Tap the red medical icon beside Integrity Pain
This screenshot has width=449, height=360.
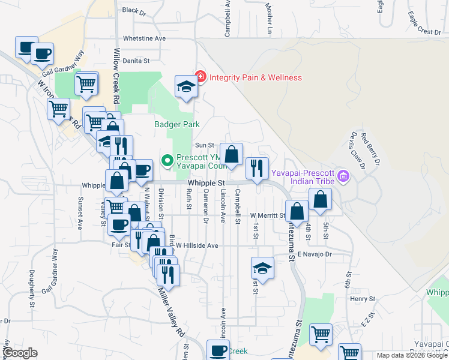coord(200,77)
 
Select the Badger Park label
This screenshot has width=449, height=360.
coord(176,124)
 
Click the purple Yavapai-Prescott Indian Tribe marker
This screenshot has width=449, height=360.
coord(343,176)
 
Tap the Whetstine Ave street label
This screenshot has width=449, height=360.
coord(143,38)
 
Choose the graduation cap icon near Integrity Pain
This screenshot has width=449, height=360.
coord(185,86)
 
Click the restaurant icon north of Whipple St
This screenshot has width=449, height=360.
coord(257,169)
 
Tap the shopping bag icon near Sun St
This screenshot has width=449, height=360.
coord(231,154)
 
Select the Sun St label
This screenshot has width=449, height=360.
coord(205,145)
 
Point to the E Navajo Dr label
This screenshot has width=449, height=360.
coord(315,254)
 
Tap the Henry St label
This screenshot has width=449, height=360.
coord(363,298)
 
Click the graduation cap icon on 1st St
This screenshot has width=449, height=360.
coord(262,268)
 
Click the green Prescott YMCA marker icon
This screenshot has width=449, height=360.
coord(167,160)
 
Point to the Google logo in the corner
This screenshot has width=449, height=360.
coord(20,353)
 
